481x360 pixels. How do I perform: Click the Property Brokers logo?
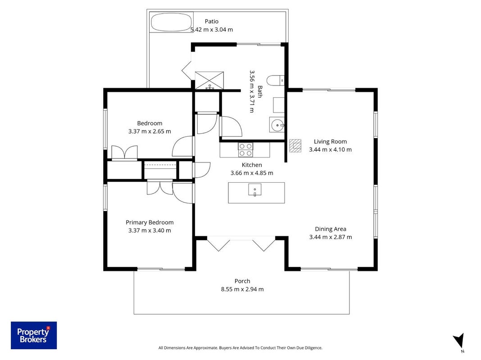pyautogui.click(x=34, y=335)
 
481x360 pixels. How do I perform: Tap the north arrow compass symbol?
pyautogui.click(x=459, y=341)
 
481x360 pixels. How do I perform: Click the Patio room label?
pyautogui.click(x=212, y=22)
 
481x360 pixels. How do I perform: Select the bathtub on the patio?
pyautogui.click(x=171, y=22)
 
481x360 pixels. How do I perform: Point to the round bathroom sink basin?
pyautogui.click(x=277, y=125)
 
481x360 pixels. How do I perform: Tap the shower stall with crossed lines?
pyautogui.click(x=209, y=81)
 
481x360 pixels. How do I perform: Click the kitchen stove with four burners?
pyautogui.click(x=245, y=150)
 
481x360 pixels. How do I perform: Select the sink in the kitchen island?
pyautogui.click(x=254, y=189)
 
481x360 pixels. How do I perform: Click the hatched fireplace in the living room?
pyautogui.click(x=295, y=146)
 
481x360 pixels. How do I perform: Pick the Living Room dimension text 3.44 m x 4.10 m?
pyautogui.click(x=331, y=149)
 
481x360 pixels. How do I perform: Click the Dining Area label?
pyautogui.click(x=331, y=229)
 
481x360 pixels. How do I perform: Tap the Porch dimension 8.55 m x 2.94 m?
pyautogui.click(x=242, y=289)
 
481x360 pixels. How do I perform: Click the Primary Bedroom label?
pyautogui.click(x=150, y=222)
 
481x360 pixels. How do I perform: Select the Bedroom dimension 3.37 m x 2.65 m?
pyautogui.click(x=150, y=131)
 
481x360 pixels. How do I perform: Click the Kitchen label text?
pyautogui.click(x=252, y=165)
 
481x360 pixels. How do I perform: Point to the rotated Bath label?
pyautogui.click(x=260, y=92)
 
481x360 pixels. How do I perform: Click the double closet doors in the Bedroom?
pyautogui.click(x=125, y=152)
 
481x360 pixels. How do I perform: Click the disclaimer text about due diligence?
pyautogui.click(x=240, y=348)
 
